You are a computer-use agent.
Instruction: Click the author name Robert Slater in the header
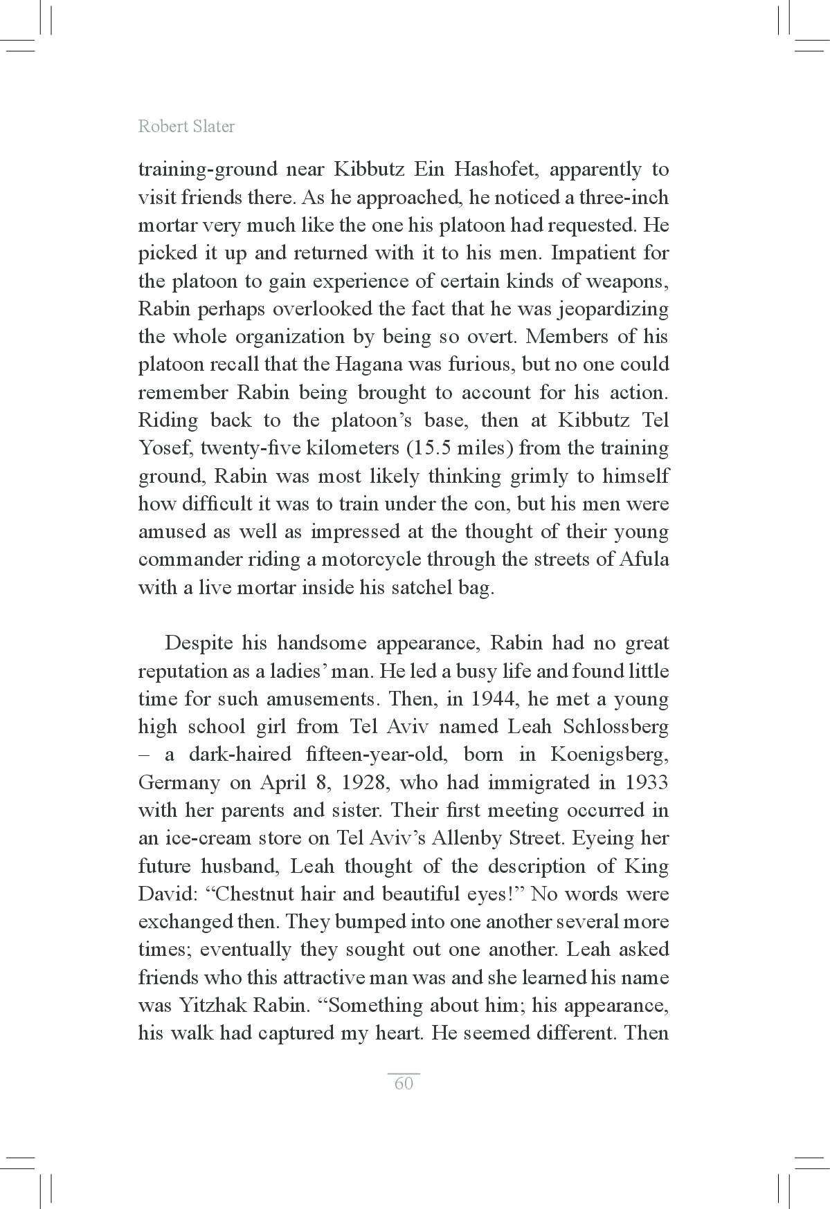point(186,127)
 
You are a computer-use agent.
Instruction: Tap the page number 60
point(404,1083)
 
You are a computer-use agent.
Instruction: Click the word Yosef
point(165,448)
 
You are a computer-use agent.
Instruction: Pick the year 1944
point(493,699)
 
